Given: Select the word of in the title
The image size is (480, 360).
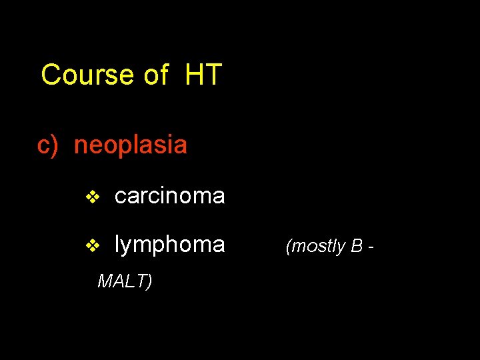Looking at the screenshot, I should [x=155, y=75].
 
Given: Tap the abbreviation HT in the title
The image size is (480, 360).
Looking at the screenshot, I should [x=203, y=75].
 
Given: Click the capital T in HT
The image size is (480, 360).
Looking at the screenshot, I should [x=213, y=75].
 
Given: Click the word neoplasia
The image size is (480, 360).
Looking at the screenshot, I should [x=131, y=145].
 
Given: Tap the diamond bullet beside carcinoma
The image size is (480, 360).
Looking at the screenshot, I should [x=93, y=197].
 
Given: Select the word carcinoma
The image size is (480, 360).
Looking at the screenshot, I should [x=169, y=196].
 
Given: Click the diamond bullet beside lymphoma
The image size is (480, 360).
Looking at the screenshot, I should [x=93, y=246].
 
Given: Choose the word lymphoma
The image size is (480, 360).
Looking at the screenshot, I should [x=169, y=245].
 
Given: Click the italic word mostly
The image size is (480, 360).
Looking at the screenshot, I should [x=317, y=247].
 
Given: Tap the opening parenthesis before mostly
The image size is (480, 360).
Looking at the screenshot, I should [x=288, y=247].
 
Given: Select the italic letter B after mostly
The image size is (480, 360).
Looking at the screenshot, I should [x=356, y=246].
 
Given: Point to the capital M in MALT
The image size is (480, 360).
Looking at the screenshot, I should [x=104, y=281].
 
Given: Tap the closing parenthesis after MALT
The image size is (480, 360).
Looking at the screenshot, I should [x=149, y=282].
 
